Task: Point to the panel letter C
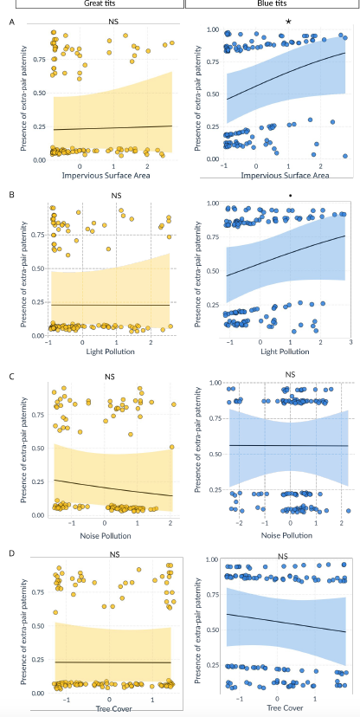10,376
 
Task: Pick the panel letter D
10,552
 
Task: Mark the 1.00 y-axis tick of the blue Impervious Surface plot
212,30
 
